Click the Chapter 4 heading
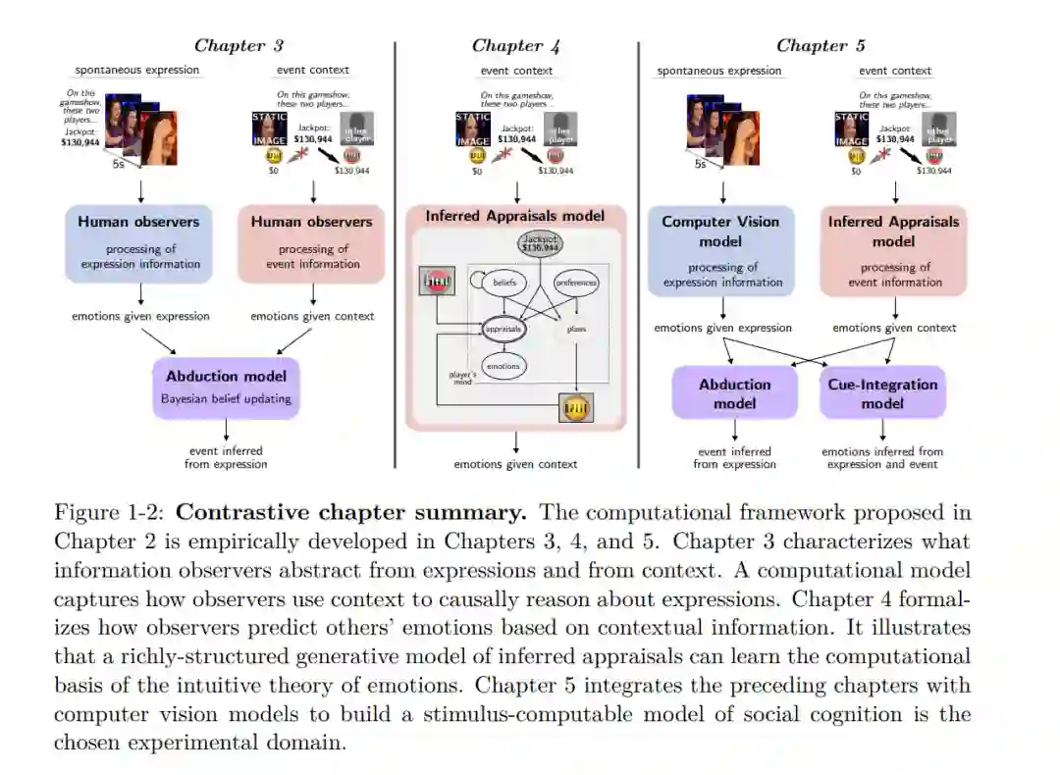click(x=515, y=45)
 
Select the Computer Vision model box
click(x=721, y=250)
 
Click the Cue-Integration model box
click(x=882, y=393)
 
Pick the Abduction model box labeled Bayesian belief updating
click(x=226, y=387)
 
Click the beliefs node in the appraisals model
click(x=504, y=283)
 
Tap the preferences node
click(x=576, y=283)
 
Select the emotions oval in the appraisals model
click(x=503, y=366)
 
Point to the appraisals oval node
click(x=503, y=330)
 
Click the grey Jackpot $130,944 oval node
click(x=538, y=245)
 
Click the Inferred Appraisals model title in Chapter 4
click(x=515, y=216)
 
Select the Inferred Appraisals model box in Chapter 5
click(x=893, y=250)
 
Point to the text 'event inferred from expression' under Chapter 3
click(x=226, y=457)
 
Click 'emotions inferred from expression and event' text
click(x=882, y=457)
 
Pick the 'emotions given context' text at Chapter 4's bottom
click(x=515, y=464)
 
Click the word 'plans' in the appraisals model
click(x=576, y=330)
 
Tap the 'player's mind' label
click(x=462, y=378)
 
